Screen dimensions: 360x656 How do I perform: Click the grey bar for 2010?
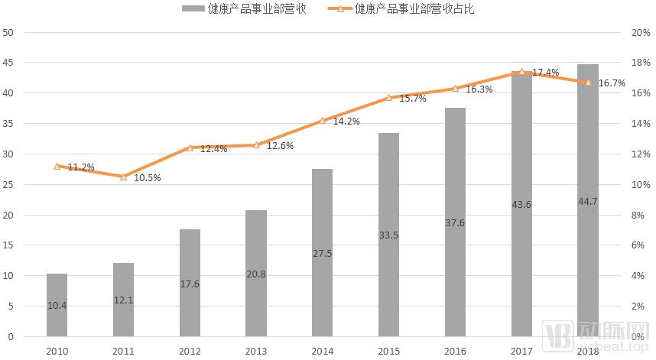coord(57,305)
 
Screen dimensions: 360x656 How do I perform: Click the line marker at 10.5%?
coord(123,177)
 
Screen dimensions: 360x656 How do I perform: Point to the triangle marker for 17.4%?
coord(522,72)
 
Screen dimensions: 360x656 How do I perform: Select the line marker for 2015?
coord(389,98)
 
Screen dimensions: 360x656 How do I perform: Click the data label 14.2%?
coord(344,121)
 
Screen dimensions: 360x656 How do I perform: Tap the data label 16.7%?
coord(611,83)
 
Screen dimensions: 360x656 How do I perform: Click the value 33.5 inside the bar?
coord(389,235)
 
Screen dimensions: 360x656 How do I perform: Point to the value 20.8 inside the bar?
coord(256,274)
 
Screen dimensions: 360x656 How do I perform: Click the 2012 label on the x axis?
coord(190,351)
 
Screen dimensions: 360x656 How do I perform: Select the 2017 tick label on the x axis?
coord(522,351)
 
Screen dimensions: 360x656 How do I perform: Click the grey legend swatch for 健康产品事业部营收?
coord(193,10)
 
